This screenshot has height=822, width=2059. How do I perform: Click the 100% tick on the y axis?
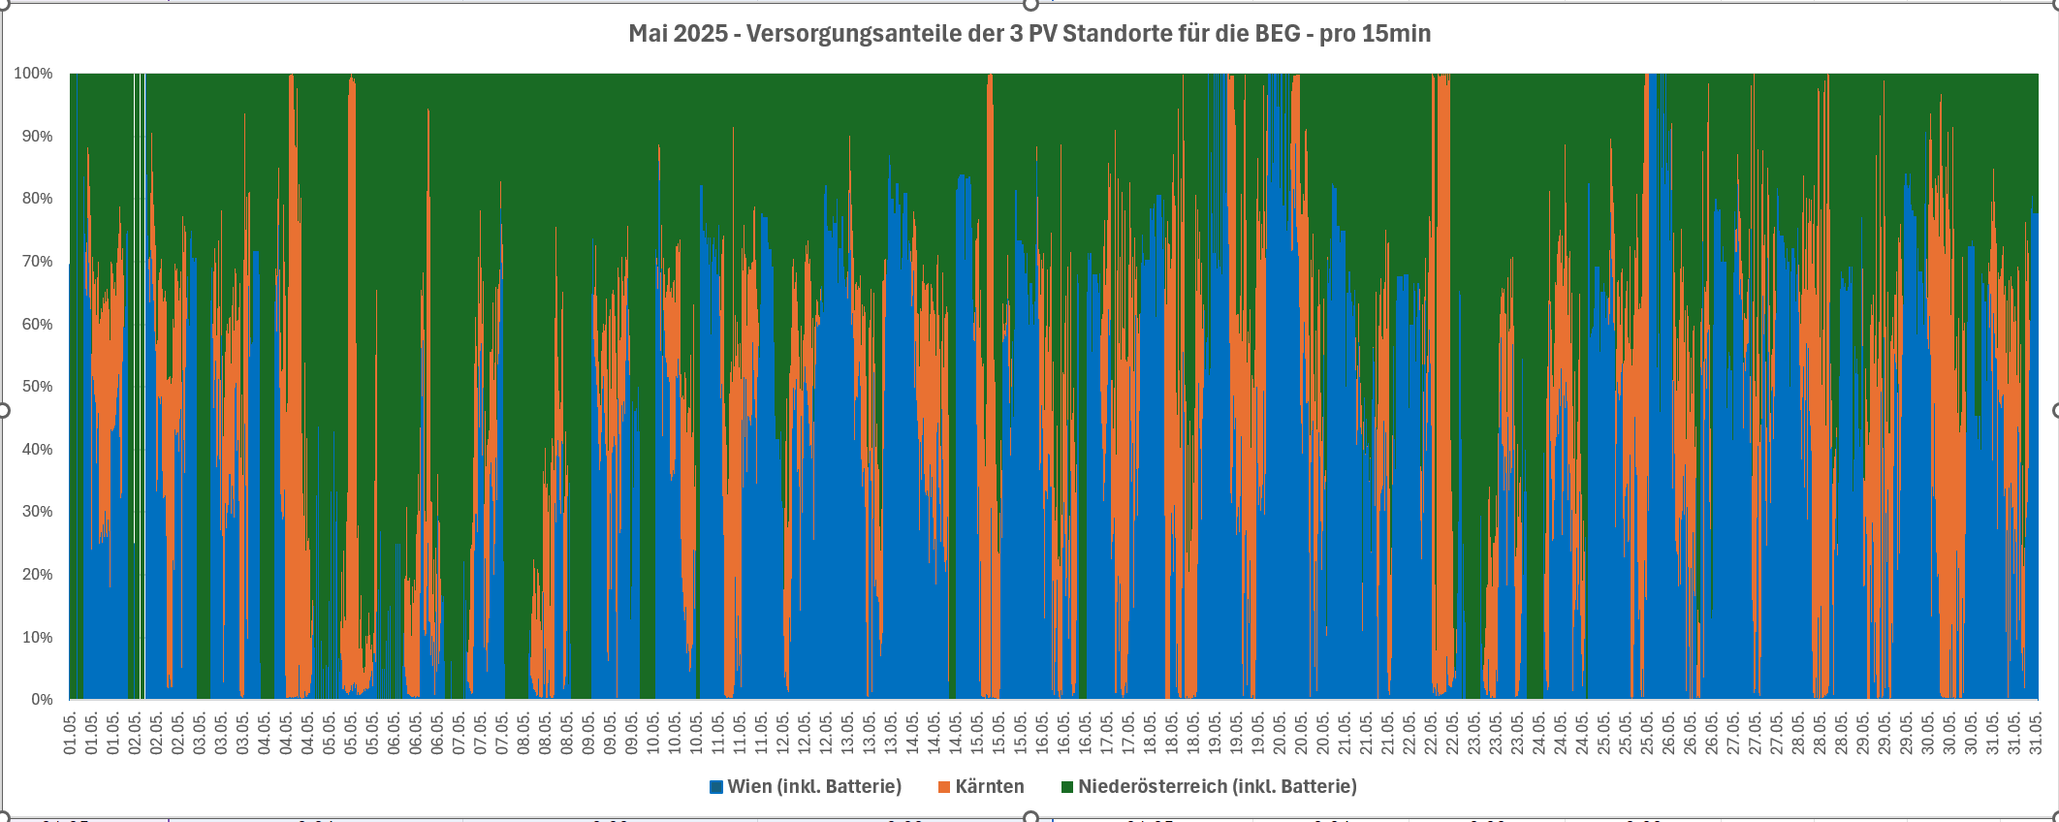pyautogui.click(x=33, y=74)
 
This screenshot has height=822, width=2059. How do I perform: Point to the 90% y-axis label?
pyautogui.click(x=37, y=137)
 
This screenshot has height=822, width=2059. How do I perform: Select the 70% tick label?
pyautogui.click(x=37, y=262)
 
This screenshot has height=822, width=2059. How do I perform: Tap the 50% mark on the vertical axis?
pyautogui.click(x=37, y=387)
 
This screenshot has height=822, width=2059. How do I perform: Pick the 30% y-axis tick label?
pyautogui.click(x=37, y=512)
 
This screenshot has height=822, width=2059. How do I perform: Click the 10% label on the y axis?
pyautogui.click(x=37, y=637)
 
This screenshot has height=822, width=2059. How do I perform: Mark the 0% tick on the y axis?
pyautogui.click(x=42, y=700)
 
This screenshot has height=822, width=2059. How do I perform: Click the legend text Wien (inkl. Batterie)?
pyautogui.click(x=814, y=786)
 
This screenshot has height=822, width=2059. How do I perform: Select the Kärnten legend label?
pyautogui.click(x=990, y=786)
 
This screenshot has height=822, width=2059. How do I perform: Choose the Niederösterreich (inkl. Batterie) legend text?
pyautogui.click(x=1218, y=786)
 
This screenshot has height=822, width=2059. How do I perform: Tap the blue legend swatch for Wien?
pyautogui.click(x=716, y=787)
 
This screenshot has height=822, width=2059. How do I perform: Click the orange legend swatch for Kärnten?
pyautogui.click(x=944, y=787)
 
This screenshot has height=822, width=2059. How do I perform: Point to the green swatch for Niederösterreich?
pyautogui.click(x=1067, y=787)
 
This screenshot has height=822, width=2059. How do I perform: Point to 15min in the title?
pyautogui.click(x=1396, y=34)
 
